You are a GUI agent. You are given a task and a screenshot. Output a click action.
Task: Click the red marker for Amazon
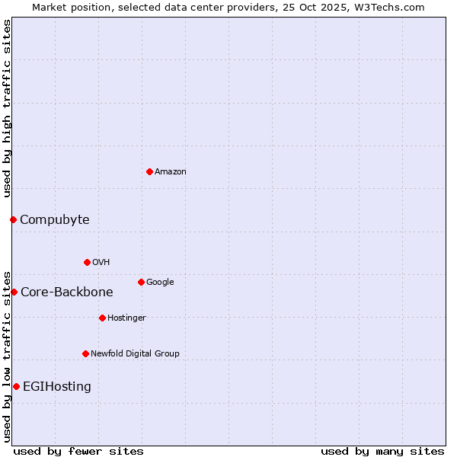pyautogui.click(x=149, y=171)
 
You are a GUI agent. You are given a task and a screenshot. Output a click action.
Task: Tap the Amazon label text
pyautogui.click(x=171, y=172)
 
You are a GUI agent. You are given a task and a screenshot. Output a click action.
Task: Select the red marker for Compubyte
pyautogui.click(x=13, y=219)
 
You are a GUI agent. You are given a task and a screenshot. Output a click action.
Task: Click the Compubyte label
pyautogui.click(x=54, y=220)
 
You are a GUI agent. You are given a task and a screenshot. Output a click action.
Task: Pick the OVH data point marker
pyautogui.click(x=87, y=262)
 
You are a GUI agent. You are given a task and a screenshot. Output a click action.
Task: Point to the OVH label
pyautogui.click(x=101, y=263)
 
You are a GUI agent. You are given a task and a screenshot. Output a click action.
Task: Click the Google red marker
pyautogui.click(x=141, y=282)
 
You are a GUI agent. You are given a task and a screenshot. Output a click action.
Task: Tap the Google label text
pyautogui.click(x=160, y=283)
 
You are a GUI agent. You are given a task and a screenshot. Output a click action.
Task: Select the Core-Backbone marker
pyautogui.click(x=14, y=292)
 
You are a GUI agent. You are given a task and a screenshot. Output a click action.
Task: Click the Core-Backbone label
pyautogui.click(x=66, y=292)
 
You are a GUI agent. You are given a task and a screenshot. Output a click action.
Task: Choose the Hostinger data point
pyautogui.click(x=102, y=318)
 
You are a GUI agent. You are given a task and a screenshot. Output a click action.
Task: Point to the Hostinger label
pyautogui.click(x=126, y=318)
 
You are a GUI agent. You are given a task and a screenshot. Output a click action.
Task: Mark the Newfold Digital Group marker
pyautogui.click(x=85, y=353)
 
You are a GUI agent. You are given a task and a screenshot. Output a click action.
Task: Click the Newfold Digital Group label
pyautogui.click(x=135, y=354)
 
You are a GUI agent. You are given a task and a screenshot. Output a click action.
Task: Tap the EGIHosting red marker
pyautogui.click(x=16, y=386)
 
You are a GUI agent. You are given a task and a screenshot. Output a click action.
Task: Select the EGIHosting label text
pyautogui.click(x=57, y=387)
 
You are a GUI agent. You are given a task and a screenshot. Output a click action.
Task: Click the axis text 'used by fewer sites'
pyautogui.click(x=78, y=451)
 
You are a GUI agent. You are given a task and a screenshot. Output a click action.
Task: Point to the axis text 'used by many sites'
pyautogui.click(x=382, y=451)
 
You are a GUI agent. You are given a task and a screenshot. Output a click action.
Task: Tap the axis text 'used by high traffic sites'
pyautogui.click(x=7, y=108)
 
